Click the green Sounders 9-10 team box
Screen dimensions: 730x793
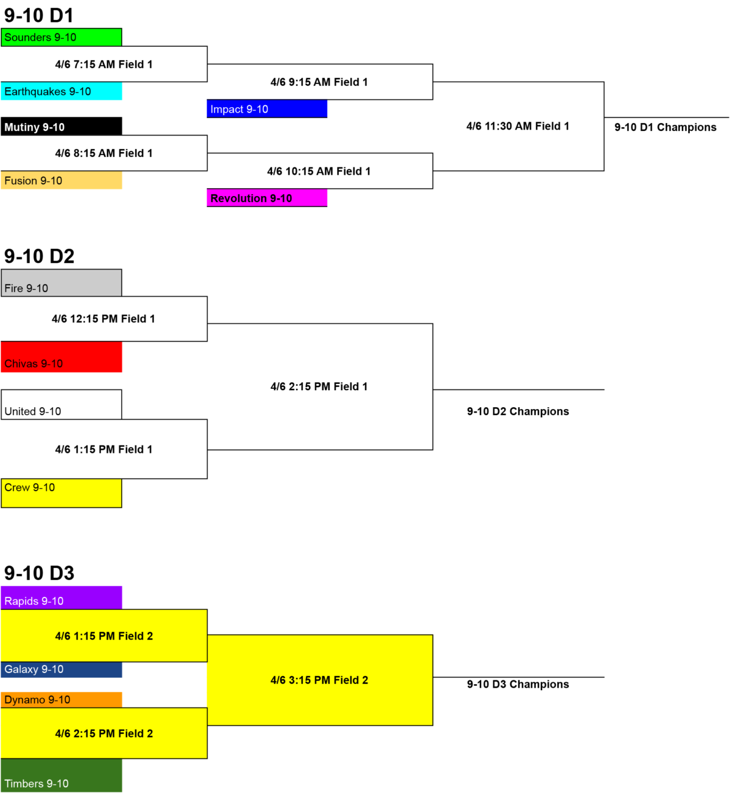pos(61,37)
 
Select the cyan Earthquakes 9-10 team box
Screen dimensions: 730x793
pos(61,91)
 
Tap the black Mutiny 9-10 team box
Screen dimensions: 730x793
pos(61,127)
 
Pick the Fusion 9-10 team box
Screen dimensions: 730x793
pos(61,180)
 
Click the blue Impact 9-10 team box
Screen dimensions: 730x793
pos(267,109)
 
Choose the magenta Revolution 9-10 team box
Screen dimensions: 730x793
pos(267,198)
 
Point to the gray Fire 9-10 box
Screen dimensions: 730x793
pos(61,282)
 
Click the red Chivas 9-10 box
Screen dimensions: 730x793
pos(61,357)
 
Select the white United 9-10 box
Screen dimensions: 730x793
pos(61,404)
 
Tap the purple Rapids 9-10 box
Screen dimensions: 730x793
pos(61,598)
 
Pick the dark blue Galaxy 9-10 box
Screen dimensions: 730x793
pos(61,669)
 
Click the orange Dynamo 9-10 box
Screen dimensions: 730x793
pos(61,700)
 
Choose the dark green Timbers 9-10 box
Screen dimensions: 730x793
pos(61,775)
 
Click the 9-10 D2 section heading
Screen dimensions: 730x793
pos(39,256)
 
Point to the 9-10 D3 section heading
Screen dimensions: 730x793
pos(39,573)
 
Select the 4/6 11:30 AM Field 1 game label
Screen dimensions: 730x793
pos(518,126)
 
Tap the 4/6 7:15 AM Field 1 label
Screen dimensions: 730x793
pos(104,64)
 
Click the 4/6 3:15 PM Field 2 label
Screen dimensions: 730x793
pos(319,680)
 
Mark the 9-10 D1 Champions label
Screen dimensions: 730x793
pos(666,127)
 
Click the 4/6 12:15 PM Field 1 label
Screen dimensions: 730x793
pos(103,319)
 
